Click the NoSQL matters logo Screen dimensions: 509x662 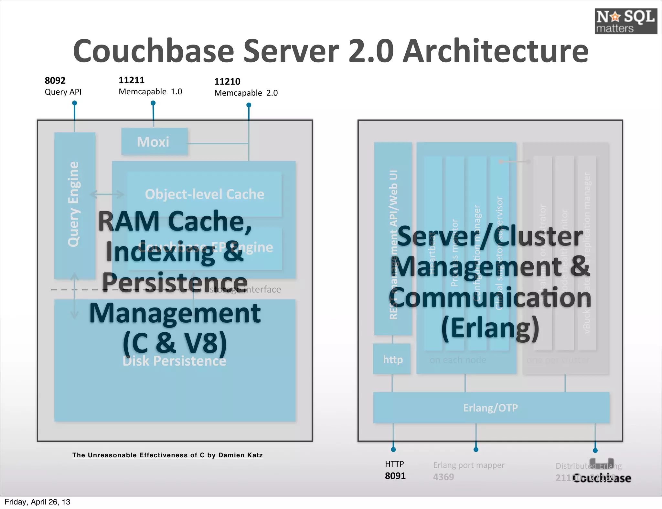click(625, 21)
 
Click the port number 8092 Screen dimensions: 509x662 click(55, 80)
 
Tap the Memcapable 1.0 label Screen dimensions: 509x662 click(150, 92)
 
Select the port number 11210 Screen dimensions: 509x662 click(227, 81)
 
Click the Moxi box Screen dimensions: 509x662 click(154, 142)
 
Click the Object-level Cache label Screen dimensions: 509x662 click(204, 194)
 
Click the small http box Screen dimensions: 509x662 click(392, 359)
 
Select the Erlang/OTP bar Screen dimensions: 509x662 click(491, 408)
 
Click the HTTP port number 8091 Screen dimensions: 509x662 click(395, 476)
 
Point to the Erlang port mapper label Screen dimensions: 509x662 click(468, 465)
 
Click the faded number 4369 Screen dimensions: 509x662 click(443, 477)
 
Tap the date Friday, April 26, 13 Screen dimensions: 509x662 click(37, 502)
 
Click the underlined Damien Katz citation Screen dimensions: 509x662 click(167, 455)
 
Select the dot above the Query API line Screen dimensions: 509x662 click(74, 103)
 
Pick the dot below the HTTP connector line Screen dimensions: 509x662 click(393, 449)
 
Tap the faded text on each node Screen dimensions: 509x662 click(457, 360)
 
